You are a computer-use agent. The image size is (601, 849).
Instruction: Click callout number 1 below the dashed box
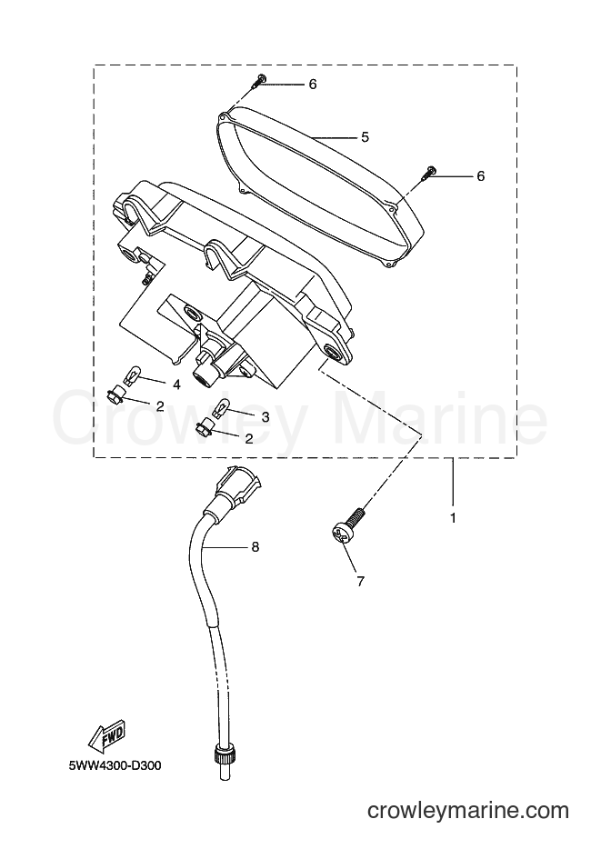[x=453, y=518]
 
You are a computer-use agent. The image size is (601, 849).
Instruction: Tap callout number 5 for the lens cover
[x=365, y=137]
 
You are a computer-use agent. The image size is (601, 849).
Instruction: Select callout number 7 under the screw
[x=361, y=582]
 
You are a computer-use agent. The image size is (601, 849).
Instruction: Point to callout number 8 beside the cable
[x=255, y=547]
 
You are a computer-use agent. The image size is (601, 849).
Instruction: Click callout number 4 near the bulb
[x=176, y=385]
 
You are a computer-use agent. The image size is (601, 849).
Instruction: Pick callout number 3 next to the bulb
[x=265, y=417]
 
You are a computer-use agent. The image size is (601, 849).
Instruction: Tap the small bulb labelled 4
[x=134, y=375]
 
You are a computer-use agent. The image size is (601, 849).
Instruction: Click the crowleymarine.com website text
[x=468, y=811]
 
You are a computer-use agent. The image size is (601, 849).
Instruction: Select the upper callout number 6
[x=313, y=85]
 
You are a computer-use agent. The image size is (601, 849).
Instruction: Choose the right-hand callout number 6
[x=481, y=176]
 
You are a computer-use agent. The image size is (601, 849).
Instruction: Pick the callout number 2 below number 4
[x=160, y=406]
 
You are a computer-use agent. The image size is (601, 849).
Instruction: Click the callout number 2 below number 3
[x=248, y=438]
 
